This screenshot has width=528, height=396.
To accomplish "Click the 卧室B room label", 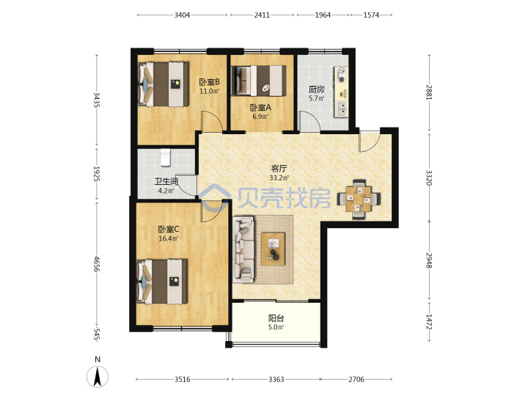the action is point(210,82).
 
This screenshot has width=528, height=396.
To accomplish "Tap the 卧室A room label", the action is point(260,107).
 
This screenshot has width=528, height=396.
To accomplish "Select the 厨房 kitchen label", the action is point(317,89).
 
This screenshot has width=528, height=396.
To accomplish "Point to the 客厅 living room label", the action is point(279,169).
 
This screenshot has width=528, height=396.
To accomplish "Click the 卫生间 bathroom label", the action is point(166,182).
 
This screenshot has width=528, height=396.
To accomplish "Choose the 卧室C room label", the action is point(169,230).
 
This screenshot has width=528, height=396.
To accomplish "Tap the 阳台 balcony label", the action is point(276,318).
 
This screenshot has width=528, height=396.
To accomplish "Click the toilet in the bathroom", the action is point(165,158).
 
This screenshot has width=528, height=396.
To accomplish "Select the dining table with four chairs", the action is point(359,199).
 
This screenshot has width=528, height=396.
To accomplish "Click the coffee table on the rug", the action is point(273,249).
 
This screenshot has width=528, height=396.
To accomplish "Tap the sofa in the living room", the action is point(243,249).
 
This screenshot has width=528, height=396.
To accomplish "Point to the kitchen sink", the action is point(342,109).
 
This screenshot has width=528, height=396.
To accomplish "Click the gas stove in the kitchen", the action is point(341,75).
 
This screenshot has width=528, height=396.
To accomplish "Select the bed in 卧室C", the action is point(162,282).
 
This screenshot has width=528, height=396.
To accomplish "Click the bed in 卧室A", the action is point(259,81).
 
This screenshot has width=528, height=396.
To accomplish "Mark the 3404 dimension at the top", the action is point(182,15).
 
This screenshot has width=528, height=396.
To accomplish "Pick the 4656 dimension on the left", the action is point(96,264).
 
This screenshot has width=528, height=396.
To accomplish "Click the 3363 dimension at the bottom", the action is point(276,380).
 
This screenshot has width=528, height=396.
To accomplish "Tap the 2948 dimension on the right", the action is point(429,260).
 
